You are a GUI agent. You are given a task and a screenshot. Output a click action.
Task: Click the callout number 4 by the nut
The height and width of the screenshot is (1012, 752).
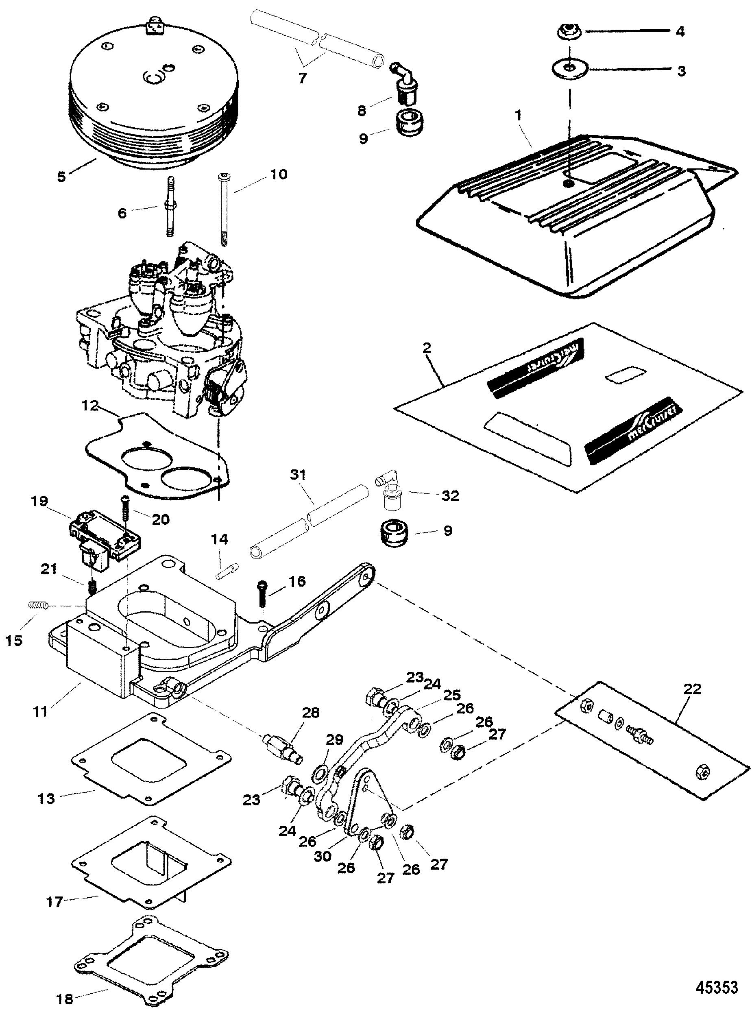(680, 32)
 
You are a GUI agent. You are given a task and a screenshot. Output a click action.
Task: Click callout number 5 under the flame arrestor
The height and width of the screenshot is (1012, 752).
(62, 176)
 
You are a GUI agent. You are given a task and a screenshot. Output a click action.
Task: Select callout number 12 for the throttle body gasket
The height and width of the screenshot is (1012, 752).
(91, 405)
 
